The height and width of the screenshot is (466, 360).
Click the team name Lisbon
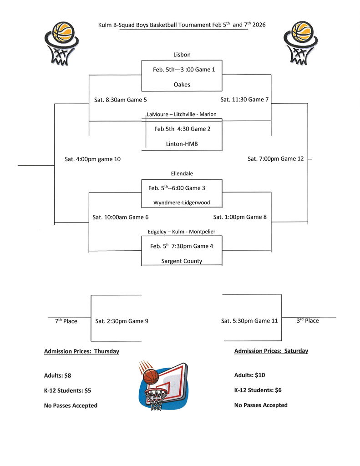(182, 55)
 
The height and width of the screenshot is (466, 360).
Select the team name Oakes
(182, 85)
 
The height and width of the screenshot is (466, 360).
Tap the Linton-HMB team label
(182, 144)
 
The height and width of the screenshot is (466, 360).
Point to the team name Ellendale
(182, 173)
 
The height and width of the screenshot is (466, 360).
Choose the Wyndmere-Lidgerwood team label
(182, 203)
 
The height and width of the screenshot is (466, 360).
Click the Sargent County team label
(182, 261)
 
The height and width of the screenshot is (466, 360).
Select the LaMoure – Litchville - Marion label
(182, 114)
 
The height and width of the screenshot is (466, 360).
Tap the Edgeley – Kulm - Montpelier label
(182, 232)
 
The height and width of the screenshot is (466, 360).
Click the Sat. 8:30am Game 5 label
(121, 100)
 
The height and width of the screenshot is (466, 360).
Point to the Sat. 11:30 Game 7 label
(244, 99)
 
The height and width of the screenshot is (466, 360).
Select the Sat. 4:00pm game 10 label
(92, 159)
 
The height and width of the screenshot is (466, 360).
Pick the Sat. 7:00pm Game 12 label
(275, 159)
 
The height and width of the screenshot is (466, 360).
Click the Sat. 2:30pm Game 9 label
(122, 321)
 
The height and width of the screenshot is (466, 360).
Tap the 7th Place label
(66, 321)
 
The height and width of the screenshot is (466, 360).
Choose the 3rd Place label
(308, 321)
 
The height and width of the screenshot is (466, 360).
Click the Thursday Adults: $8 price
(57, 375)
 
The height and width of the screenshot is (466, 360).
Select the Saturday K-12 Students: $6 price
(258, 390)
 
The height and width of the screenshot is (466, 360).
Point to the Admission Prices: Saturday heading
(271, 351)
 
